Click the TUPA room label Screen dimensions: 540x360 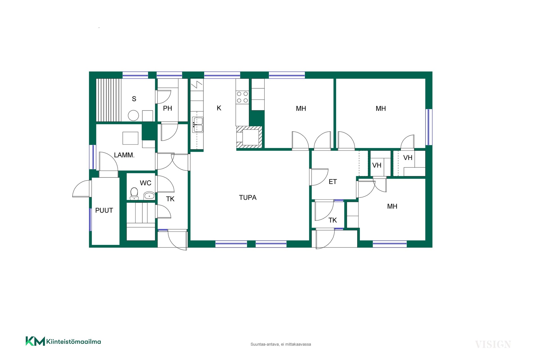pyautogui.click(x=247, y=197)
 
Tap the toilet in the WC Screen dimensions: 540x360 pyautogui.click(x=134, y=194)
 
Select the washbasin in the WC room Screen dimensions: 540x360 pyautogui.click(x=149, y=195)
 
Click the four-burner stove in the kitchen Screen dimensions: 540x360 pyautogui.click(x=242, y=97)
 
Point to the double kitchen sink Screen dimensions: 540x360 pyautogui.click(x=197, y=125)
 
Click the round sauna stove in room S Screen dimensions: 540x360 pyautogui.click(x=133, y=115)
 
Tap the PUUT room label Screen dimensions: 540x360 pyautogui.click(x=104, y=210)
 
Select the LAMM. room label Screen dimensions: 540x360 pyautogui.click(x=124, y=155)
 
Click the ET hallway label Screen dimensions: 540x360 pyautogui.click(x=333, y=182)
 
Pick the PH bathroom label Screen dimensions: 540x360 pyautogui.click(x=167, y=108)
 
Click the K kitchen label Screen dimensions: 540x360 pyautogui.click(x=219, y=108)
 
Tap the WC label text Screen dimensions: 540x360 pyautogui.click(x=145, y=183)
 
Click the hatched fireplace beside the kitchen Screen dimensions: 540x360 pyautogui.click(x=249, y=137)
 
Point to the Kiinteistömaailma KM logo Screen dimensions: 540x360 pyautogui.click(x=63, y=341)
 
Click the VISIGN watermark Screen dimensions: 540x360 pyautogui.click(x=493, y=344)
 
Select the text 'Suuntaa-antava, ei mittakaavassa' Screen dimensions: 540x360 pyautogui.click(x=281, y=344)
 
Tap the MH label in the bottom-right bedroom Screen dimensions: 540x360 pyautogui.click(x=392, y=206)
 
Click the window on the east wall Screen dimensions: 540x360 pyautogui.click(x=429, y=127)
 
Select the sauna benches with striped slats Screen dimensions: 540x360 pyautogui.click(x=109, y=100)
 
